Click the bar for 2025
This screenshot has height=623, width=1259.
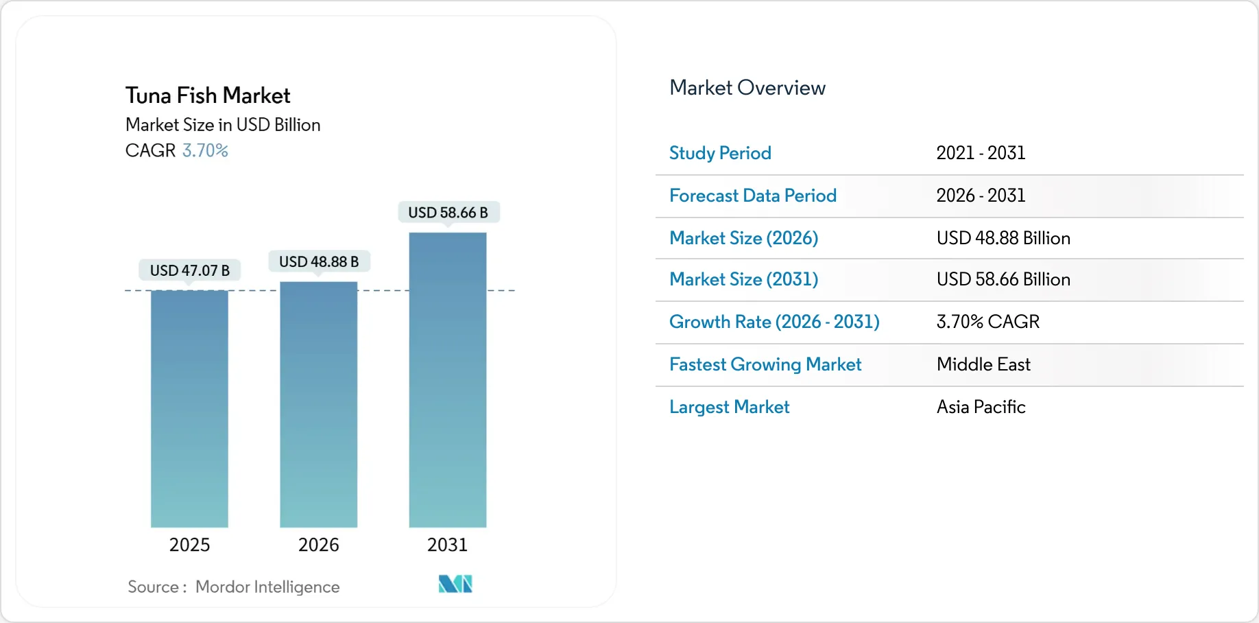(x=189, y=409)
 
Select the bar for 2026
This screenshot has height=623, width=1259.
(x=318, y=405)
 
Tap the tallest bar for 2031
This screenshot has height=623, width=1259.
(x=447, y=380)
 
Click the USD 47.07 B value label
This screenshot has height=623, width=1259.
(x=190, y=270)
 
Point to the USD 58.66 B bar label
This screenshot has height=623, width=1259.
(x=448, y=213)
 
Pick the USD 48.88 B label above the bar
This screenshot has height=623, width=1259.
(x=319, y=261)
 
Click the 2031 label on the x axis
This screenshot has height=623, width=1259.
(x=447, y=545)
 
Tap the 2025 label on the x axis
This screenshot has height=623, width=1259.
(x=189, y=545)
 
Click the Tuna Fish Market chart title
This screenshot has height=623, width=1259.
(x=208, y=95)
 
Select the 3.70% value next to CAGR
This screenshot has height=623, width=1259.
(x=205, y=150)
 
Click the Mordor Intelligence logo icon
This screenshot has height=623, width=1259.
(x=455, y=584)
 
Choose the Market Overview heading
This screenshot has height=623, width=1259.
(x=747, y=88)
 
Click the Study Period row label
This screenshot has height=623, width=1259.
(x=720, y=153)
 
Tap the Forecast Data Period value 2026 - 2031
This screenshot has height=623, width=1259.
(x=981, y=196)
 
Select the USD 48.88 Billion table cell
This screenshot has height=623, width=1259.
(x=1003, y=238)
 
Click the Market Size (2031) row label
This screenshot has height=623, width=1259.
(x=743, y=279)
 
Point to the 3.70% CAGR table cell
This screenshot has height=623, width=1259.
(x=987, y=322)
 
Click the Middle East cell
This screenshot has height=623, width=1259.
(x=983, y=364)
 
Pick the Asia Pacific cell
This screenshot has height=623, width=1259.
(x=981, y=407)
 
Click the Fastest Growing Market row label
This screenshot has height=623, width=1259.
(x=765, y=364)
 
